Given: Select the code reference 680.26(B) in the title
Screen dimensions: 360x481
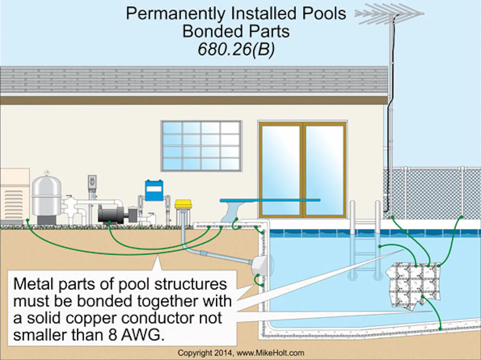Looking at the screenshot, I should [236, 51].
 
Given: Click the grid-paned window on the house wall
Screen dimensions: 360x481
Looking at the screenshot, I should [201, 146].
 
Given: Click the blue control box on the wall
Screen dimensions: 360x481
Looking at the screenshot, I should [154, 191].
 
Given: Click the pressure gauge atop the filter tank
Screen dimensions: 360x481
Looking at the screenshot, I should [46, 173].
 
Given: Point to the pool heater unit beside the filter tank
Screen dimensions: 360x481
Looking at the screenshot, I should [14, 196].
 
